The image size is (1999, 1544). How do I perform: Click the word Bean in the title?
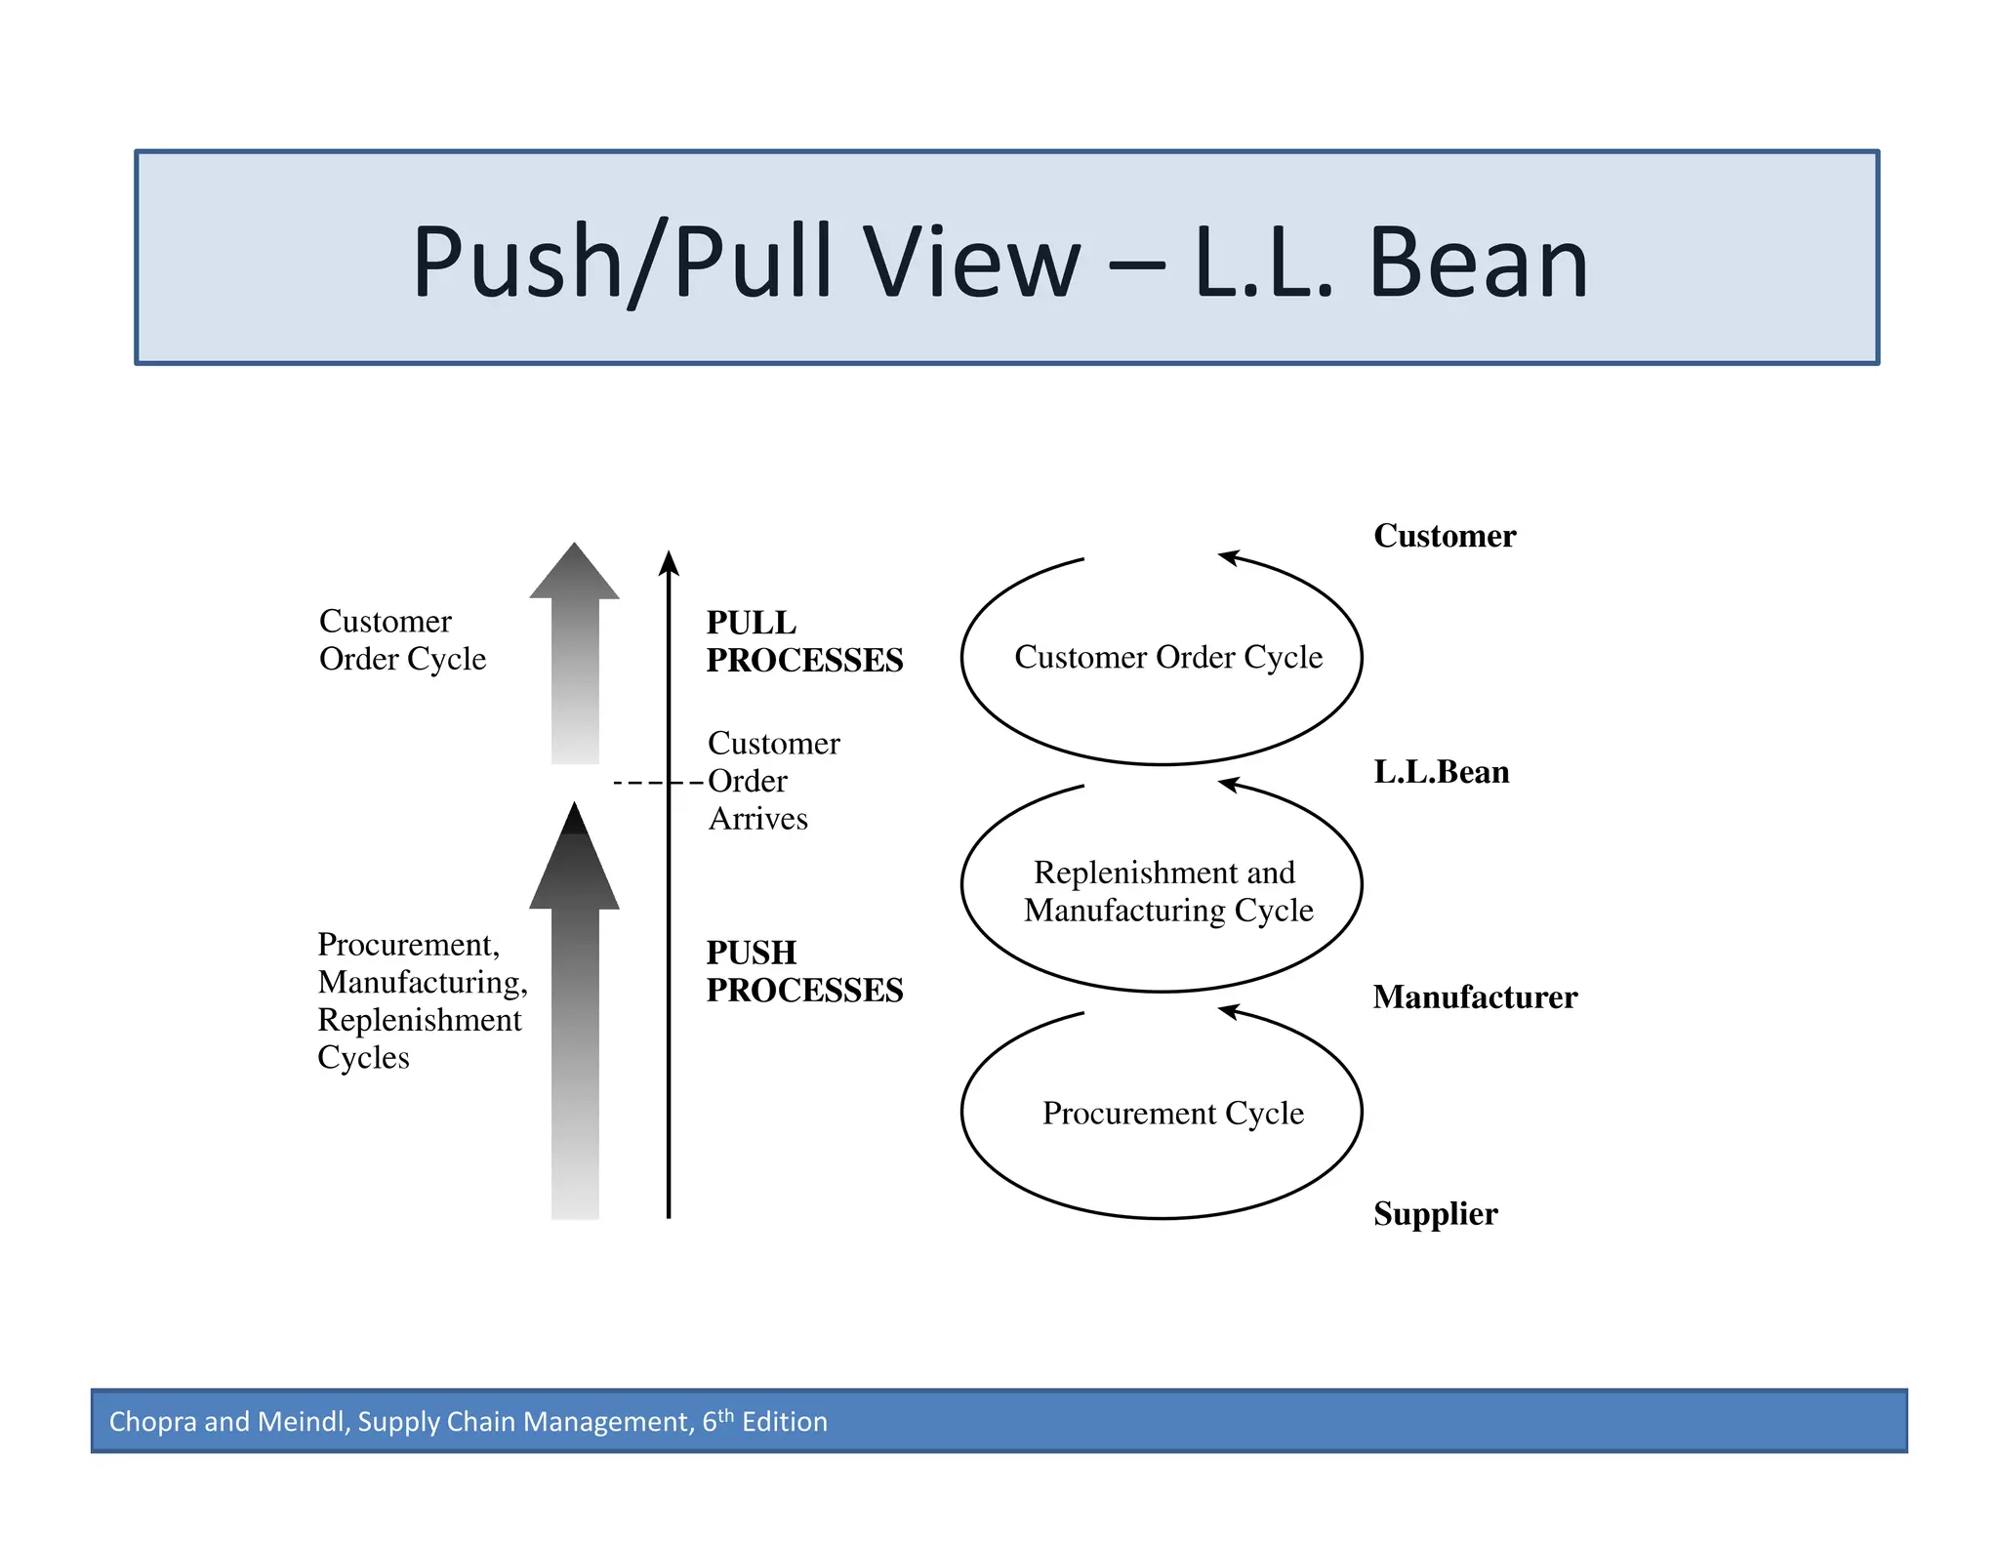point(1478,262)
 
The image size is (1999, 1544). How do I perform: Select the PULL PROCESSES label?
point(803,641)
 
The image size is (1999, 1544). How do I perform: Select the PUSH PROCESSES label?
point(803,971)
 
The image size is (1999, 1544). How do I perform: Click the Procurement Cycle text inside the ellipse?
point(1172,1114)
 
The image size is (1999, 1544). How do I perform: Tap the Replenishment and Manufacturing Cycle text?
point(1167,891)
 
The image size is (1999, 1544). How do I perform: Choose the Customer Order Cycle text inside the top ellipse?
point(1167,657)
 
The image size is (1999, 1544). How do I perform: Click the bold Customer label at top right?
point(1444,536)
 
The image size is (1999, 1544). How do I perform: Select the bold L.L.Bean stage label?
point(1441,772)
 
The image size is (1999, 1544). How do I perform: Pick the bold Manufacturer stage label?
point(1474,997)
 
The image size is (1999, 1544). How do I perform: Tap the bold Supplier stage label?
point(1435,1214)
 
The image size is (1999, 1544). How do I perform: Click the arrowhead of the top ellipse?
point(1228,557)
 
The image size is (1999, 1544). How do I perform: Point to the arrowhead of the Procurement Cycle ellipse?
point(1228,1012)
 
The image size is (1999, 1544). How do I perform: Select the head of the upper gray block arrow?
point(574,574)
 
